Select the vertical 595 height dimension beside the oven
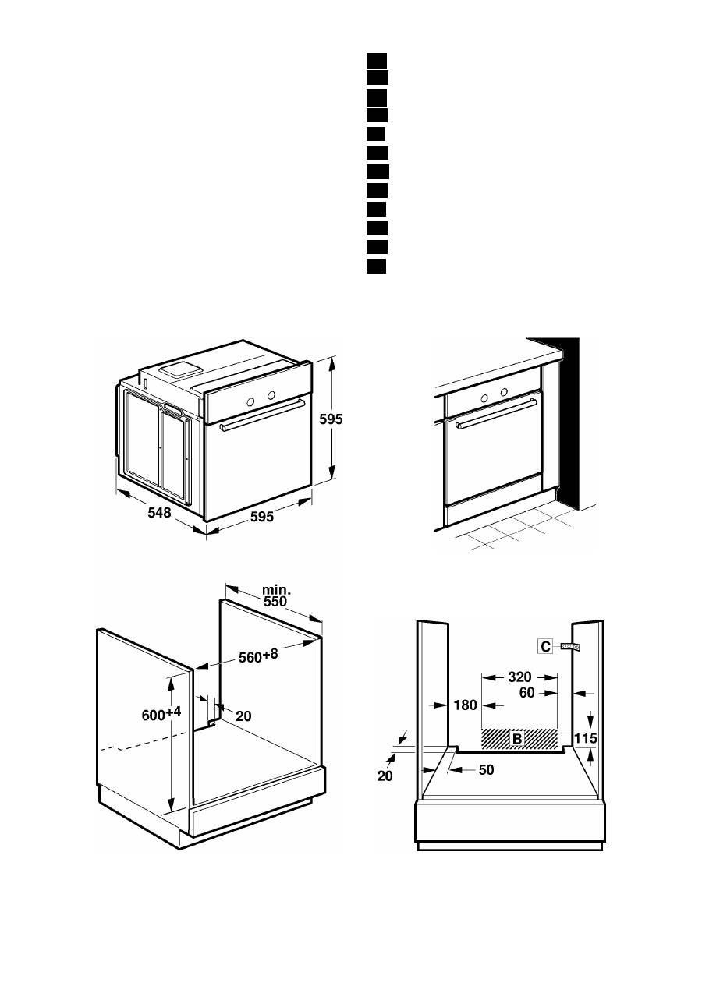[331, 419]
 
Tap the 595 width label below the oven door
[258, 516]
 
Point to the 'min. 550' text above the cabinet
[275, 596]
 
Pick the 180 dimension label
[464, 705]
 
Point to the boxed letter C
[546, 646]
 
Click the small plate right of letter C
[570, 646]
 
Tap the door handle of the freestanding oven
[261, 422]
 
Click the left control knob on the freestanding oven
[251, 401]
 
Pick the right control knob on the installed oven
[504, 391]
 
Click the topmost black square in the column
[377, 60]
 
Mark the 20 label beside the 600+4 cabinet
[243, 716]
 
